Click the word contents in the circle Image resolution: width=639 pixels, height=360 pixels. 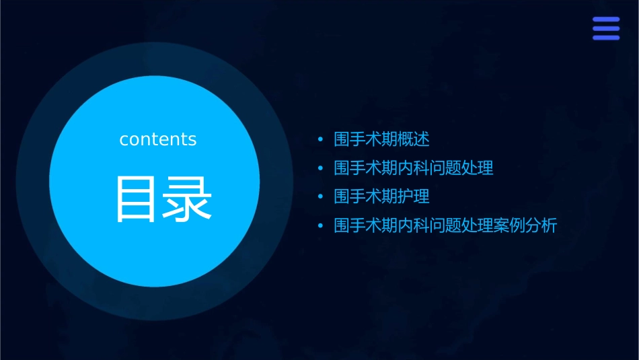[157, 139]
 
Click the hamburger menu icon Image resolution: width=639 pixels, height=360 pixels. [605, 28]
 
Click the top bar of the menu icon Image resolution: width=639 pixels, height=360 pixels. [605, 20]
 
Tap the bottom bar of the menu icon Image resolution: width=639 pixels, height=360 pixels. [605, 37]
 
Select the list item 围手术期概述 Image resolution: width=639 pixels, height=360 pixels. [381, 139]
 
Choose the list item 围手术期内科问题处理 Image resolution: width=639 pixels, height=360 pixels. [414, 168]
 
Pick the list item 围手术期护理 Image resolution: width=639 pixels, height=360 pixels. [381, 196]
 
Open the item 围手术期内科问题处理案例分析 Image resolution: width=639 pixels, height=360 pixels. [445, 225]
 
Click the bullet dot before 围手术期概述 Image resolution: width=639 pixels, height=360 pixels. [320, 140]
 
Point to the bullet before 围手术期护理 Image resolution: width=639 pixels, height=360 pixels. [320, 197]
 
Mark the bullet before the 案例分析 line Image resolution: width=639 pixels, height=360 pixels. [320, 226]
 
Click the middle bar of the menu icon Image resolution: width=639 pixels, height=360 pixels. [605, 28]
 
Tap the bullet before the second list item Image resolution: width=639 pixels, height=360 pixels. [320, 168]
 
